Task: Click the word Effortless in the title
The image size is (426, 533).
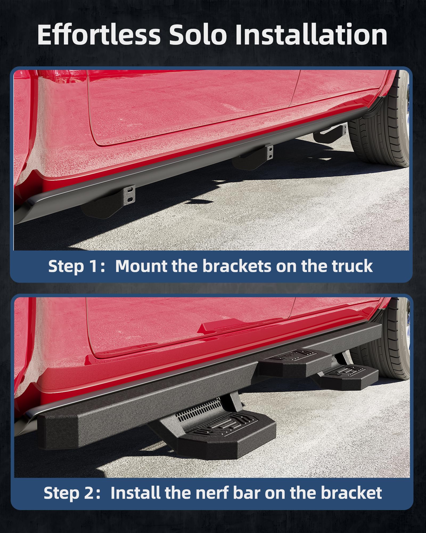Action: tap(99, 35)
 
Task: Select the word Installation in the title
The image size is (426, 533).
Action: tap(311, 35)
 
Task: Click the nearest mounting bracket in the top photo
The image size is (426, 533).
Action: tap(112, 203)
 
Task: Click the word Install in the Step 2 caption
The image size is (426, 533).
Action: tap(136, 493)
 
